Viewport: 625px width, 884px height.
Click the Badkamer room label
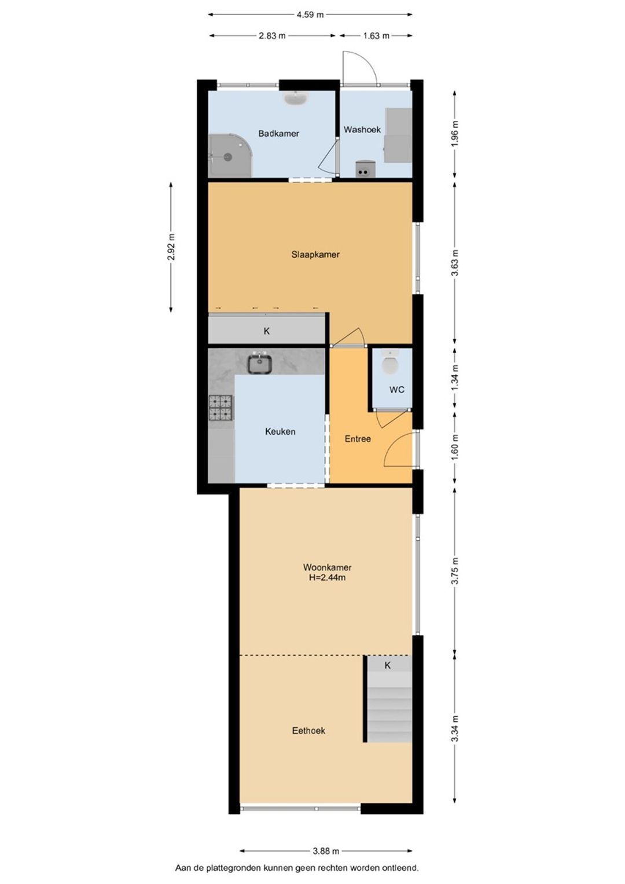pos(278,133)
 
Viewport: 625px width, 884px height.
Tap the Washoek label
pos(362,130)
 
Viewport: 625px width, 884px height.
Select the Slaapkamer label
pos(315,255)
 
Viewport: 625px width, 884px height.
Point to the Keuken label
pos(280,431)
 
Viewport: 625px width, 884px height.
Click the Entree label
pos(358,439)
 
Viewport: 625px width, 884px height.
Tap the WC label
pos(396,390)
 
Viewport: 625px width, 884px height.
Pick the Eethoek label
pos(308,731)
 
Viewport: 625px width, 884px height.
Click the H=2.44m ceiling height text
pos(327,578)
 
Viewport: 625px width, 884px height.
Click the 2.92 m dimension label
pos(171,247)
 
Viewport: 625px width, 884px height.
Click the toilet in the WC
pos(391,362)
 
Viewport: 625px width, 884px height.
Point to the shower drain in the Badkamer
pos(227,157)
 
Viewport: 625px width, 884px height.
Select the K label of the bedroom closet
pos(267,332)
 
